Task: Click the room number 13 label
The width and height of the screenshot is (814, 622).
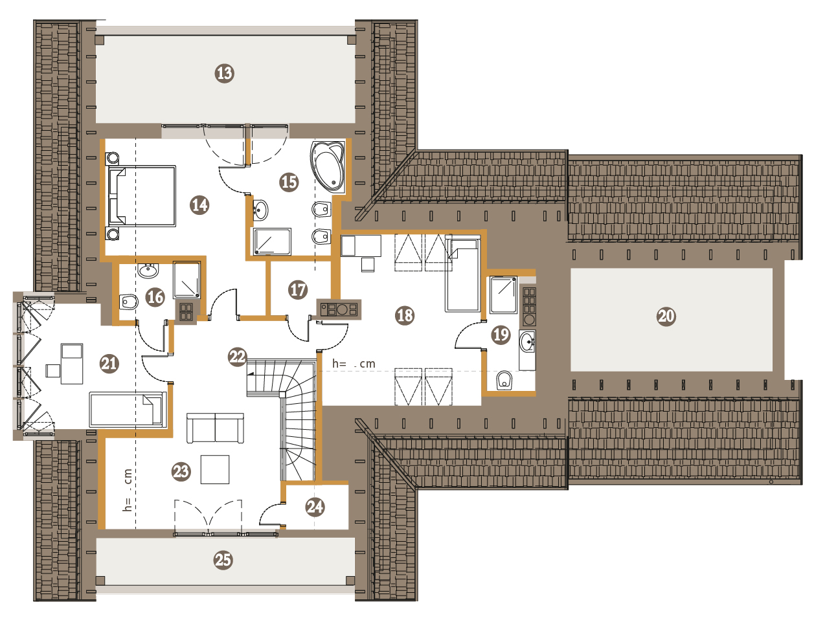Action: click(x=224, y=73)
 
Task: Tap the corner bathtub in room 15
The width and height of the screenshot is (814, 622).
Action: click(x=328, y=166)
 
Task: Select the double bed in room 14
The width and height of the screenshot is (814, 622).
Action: click(x=141, y=195)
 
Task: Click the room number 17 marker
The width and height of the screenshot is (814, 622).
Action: click(x=298, y=289)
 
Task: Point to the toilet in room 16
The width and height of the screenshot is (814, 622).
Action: click(x=129, y=302)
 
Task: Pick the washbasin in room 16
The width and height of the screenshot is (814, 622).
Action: click(x=148, y=271)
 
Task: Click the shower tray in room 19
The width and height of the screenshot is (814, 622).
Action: click(x=503, y=295)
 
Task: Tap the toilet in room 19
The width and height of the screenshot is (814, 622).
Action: click(x=504, y=381)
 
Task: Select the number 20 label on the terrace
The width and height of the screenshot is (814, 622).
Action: click(x=666, y=317)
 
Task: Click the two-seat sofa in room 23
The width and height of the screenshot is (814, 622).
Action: click(x=215, y=428)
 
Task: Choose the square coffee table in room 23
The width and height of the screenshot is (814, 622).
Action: click(x=215, y=470)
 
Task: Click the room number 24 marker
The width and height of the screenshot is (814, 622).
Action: click(x=315, y=507)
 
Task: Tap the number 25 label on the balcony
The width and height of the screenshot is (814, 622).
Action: click(x=223, y=560)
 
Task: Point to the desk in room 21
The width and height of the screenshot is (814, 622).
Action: click(x=72, y=364)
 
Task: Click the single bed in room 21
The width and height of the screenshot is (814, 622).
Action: click(x=127, y=410)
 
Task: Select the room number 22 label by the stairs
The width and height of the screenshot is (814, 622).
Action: click(x=238, y=357)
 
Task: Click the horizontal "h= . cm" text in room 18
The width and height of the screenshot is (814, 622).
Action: click(x=354, y=364)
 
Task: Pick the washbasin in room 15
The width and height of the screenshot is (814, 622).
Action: click(x=261, y=210)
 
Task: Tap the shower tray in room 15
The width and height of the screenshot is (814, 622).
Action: click(x=272, y=241)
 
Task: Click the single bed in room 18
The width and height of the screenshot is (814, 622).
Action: click(x=462, y=274)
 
